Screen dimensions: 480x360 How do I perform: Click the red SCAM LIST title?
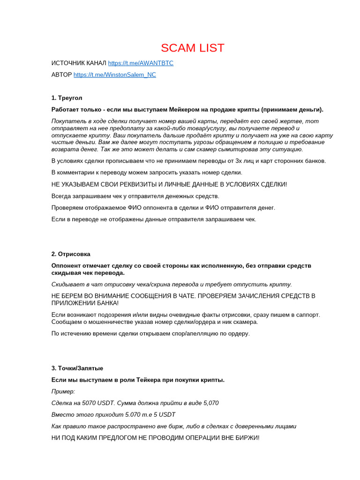pyautogui.click(x=193, y=48)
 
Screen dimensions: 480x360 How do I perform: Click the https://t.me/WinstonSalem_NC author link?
pyautogui.click(x=115, y=75)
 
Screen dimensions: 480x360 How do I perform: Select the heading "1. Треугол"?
pyautogui.click(x=67, y=98)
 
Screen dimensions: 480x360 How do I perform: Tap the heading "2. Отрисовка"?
pyautogui.click(x=71, y=254)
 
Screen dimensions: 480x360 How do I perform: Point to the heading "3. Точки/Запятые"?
pyautogui.click(x=77, y=368)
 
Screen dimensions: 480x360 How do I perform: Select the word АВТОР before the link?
pyautogui.click(x=61, y=75)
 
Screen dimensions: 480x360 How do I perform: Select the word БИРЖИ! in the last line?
pyautogui.click(x=245, y=438)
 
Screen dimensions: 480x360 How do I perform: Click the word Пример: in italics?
pyautogui.click(x=63, y=391)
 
